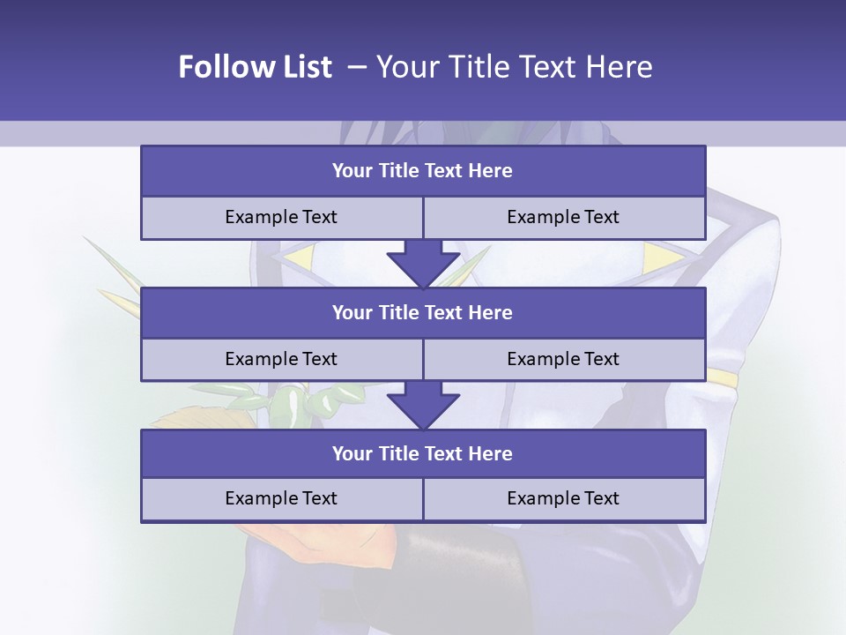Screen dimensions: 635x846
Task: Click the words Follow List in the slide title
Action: coord(256,67)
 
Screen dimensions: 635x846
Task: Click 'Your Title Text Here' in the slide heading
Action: coord(515,67)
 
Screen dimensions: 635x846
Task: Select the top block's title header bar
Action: coord(423,171)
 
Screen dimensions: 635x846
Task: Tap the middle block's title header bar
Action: coord(423,312)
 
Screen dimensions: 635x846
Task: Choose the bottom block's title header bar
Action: coord(423,453)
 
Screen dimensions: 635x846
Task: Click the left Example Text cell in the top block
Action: coord(281,217)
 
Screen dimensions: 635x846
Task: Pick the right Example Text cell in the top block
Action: coord(563,217)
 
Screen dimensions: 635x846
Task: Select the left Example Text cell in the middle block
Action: coord(281,359)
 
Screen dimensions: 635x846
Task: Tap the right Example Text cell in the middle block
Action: coord(563,359)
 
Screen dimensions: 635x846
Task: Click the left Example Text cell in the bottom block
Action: coord(281,498)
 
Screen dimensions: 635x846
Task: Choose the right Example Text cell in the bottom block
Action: coord(563,498)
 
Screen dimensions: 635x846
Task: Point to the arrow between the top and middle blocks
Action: coord(423,263)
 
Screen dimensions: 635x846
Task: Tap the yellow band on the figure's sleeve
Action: coord(722,378)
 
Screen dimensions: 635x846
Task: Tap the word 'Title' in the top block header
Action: coord(399,171)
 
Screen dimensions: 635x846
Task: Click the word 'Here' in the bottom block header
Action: coord(491,453)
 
